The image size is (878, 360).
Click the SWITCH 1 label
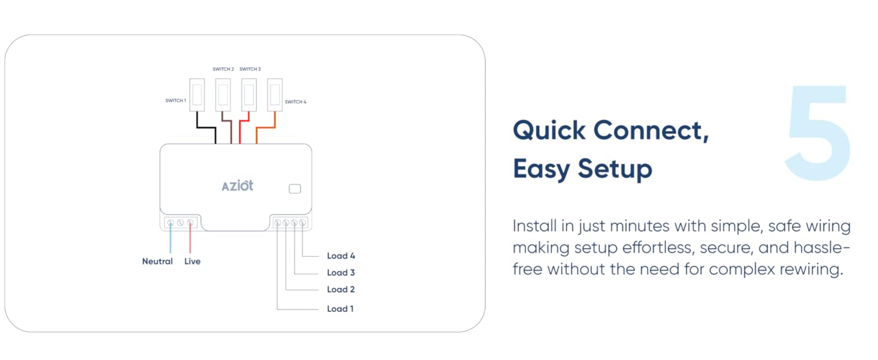176,101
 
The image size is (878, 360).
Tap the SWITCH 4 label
295,102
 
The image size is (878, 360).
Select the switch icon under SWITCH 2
223,95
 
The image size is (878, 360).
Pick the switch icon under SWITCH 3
249,95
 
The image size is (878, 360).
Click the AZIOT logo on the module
237,186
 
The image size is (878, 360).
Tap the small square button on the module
294,189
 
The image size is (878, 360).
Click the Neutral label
157,262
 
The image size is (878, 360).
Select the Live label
192,262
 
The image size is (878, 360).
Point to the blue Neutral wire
170,240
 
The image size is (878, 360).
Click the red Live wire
190,240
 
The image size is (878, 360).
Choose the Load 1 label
340,309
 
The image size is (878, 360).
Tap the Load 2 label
341,289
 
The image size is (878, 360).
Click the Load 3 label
341,272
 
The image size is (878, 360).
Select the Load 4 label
341,256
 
